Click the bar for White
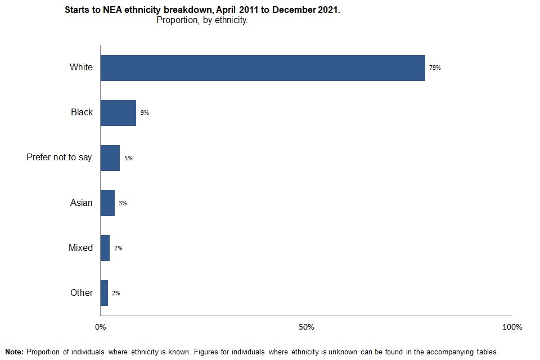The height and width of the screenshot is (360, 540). point(263,68)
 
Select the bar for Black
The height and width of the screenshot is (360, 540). point(118,113)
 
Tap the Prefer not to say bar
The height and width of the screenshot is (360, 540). point(110,158)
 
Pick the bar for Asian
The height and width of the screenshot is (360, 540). point(107,203)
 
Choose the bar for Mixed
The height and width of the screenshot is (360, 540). point(105,248)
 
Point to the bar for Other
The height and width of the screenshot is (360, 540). point(104,293)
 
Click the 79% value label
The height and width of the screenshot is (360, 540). point(434,68)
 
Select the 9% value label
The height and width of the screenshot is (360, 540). point(145,113)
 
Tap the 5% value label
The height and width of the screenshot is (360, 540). point(128,158)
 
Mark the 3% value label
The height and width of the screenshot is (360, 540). point(123,203)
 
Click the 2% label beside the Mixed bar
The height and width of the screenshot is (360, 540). point(118,248)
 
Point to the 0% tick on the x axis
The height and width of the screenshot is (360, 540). point(100,327)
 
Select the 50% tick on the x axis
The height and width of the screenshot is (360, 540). point(306,327)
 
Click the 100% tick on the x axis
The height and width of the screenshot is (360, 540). point(512,327)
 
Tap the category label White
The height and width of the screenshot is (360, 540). point(81,67)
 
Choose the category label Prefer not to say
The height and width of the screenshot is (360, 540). point(59,157)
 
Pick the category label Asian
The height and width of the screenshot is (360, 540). point(81,202)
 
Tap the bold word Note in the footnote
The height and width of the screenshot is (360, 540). point(14,352)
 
